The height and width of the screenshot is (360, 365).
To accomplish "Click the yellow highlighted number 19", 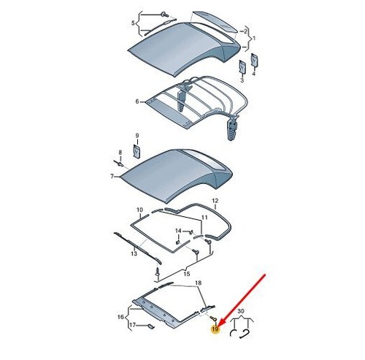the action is (x=215, y=329).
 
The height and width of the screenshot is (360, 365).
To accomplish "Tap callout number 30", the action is (x=240, y=311).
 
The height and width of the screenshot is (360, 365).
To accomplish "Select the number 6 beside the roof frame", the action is (x=137, y=102).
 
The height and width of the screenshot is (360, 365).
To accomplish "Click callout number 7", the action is (x=112, y=176).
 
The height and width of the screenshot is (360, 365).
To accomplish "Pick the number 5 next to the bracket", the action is (x=133, y=23).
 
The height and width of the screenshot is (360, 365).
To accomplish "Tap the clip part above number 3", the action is (x=242, y=66).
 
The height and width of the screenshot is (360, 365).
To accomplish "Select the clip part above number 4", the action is (x=255, y=60).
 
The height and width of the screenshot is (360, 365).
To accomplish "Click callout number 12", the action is (x=215, y=201).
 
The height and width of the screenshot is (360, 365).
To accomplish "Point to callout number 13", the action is (x=134, y=253).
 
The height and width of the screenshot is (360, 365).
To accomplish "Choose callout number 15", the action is (x=186, y=274).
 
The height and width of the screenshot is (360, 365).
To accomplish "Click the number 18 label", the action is (x=199, y=283).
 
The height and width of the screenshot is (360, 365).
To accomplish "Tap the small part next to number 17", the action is (x=151, y=326).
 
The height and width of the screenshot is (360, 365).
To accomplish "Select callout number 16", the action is (x=120, y=317).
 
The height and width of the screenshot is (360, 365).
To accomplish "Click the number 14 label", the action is (x=178, y=231).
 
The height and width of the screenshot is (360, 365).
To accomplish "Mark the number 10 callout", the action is (x=139, y=210).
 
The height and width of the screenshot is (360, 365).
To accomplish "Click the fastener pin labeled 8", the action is (x=119, y=164).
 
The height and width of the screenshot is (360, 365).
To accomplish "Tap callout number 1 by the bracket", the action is (x=254, y=38).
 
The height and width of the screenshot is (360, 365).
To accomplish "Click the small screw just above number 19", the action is (x=213, y=318).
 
